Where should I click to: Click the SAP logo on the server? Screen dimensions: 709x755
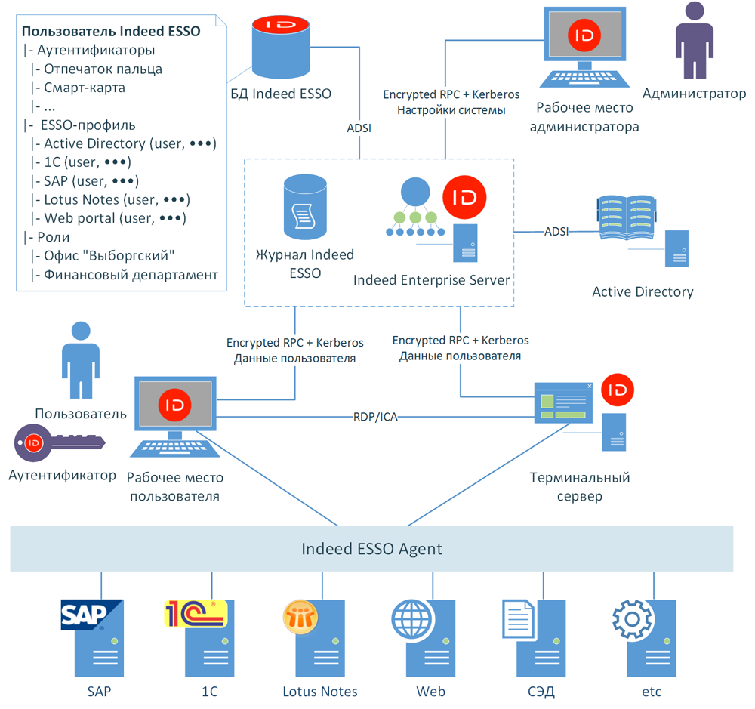[x=91, y=615]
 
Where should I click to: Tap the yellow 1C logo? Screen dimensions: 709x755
[x=194, y=613]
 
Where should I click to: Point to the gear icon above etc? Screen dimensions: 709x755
[x=631, y=620]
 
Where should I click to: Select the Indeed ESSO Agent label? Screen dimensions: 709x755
[x=371, y=548]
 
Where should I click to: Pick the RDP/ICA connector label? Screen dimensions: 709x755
[x=375, y=416]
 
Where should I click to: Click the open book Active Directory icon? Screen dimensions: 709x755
[x=626, y=219]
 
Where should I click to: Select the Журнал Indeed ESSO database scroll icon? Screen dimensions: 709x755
[x=305, y=208]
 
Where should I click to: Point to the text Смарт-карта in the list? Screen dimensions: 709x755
[x=84, y=88]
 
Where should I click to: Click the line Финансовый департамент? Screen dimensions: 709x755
[x=131, y=275]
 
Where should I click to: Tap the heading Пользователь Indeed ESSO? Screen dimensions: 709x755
[x=110, y=32]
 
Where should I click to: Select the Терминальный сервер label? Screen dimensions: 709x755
[x=579, y=487]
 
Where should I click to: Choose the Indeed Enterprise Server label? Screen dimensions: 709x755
[x=431, y=280]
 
